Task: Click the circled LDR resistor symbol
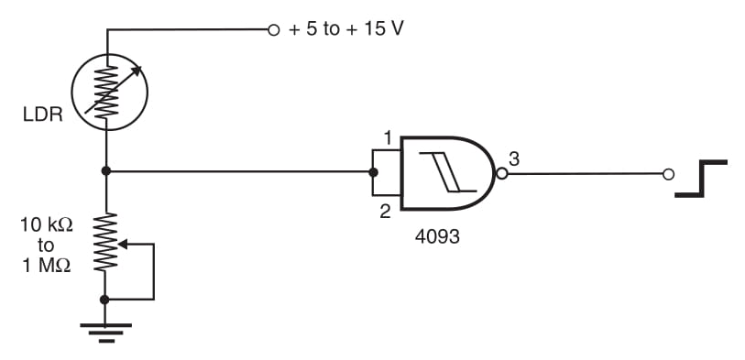click(107, 90)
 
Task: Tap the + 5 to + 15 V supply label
click(346, 28)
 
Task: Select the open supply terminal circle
click(272, 29)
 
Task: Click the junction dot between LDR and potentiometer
click(107, 171)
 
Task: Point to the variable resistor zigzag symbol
click(107, 242)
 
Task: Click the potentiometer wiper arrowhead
click(123, 244)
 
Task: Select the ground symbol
click(107, 330)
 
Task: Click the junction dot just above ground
click(107, 299)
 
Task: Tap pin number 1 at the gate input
click(388, 138)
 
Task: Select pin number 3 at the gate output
click(514, 158)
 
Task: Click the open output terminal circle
click(668, 173)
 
